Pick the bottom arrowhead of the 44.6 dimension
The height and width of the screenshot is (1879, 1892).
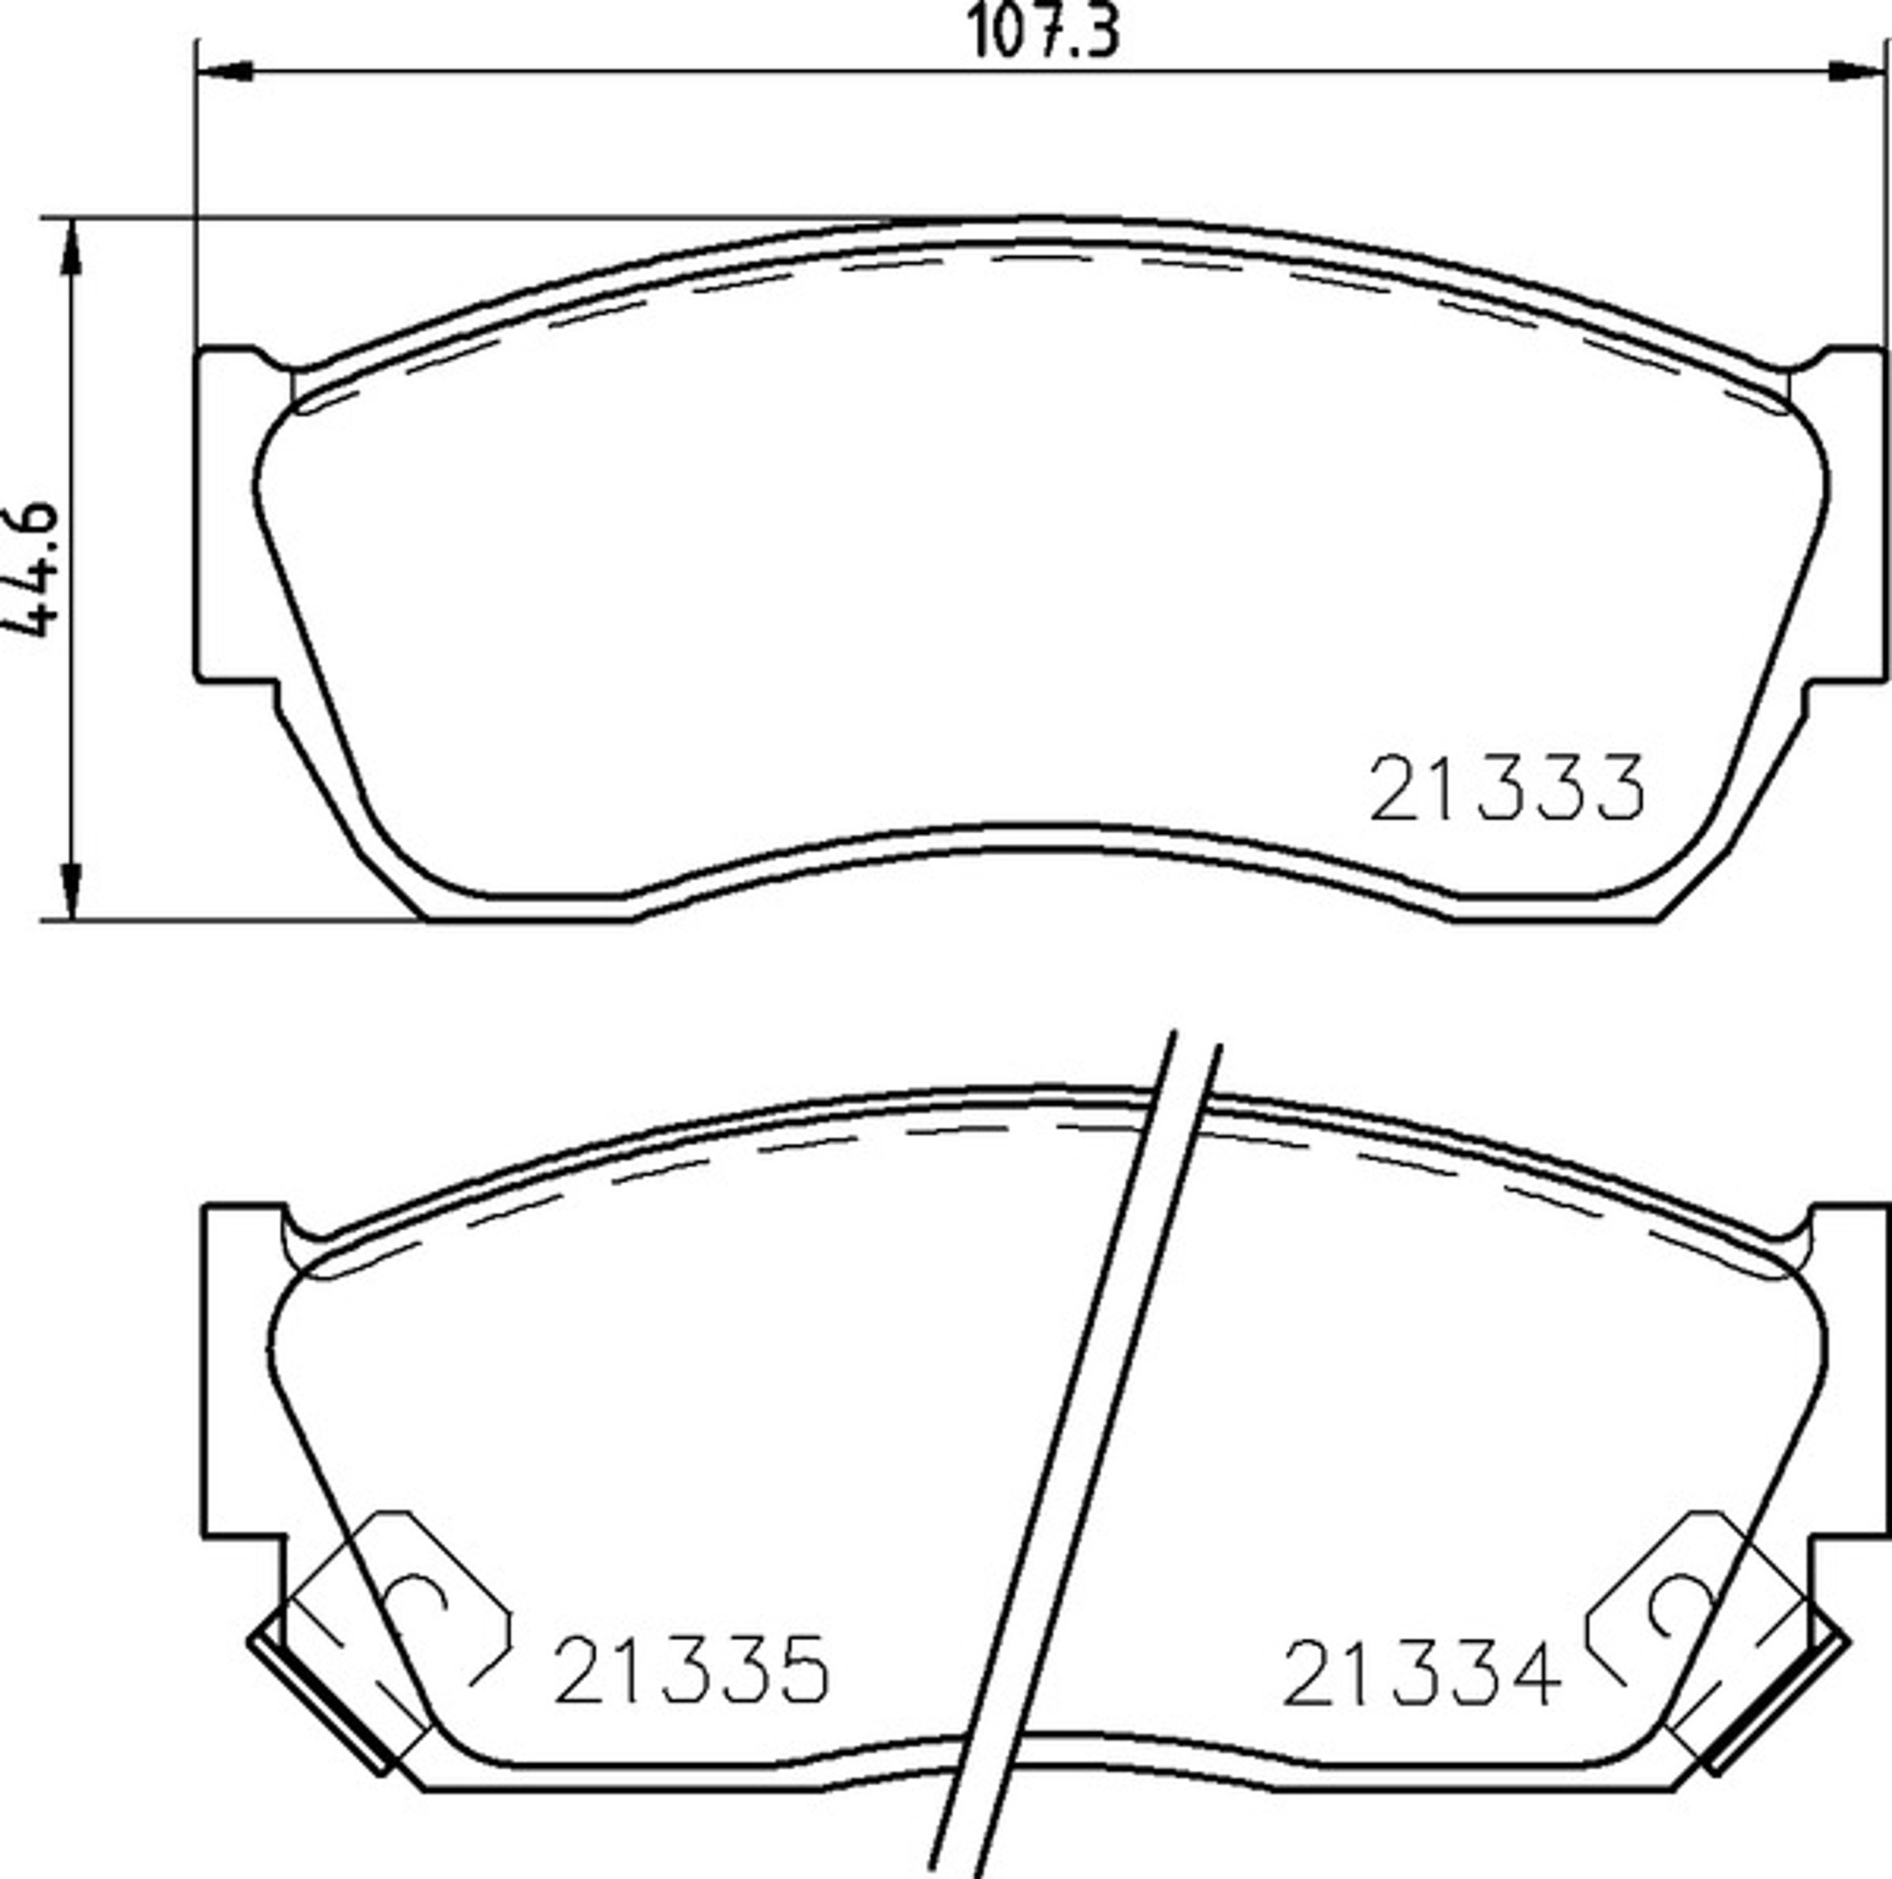pyautogui.click(x=72, y=891)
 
